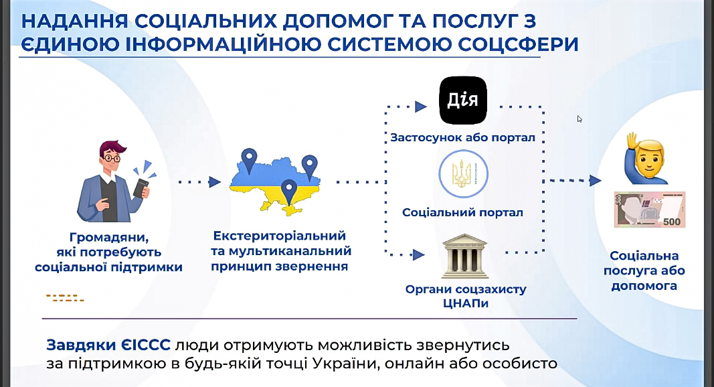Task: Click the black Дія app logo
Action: tap(462, 100)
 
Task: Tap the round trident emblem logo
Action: tap(463, 174)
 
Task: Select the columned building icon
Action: tap(465, 256)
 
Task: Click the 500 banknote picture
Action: tap(650, 209)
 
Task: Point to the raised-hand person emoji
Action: tap(646, 159)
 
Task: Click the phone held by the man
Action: tap(141, 187)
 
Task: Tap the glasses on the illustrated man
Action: tap(112, 159)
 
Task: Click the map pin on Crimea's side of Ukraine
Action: tap(288, 192)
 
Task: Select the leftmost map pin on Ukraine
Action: tap(249, 161)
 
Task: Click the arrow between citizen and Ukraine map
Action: tap(199, 182)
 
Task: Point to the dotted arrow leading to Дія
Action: tap(406, 107)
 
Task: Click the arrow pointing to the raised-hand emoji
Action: tap(572, 181)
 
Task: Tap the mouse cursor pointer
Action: tap(579, 119)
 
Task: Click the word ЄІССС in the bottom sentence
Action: tap(146, 345)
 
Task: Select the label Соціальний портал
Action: tap(462, 212)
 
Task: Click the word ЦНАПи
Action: tap(465, 303)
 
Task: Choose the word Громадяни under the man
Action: tap(109, 238)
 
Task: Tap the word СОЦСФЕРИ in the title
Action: tap(518, 45)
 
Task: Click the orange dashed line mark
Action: tap(65, 298)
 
